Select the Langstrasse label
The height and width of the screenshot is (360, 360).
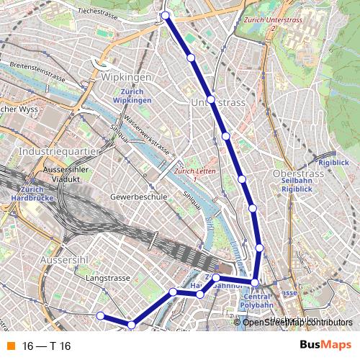pyautogui.click(x=107, y=277)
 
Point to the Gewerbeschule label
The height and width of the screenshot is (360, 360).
pyautogui.click(x=138, y=196)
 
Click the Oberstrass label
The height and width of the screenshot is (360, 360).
pyautogui.click(x=296, y=174)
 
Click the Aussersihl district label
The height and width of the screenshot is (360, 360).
pyautogui.click(x=64, y=258)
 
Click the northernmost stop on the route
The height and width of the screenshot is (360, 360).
pyautogui.click(x=165, y=15)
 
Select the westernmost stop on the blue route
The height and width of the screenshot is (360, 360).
pyautogui.click(x=101, y=315)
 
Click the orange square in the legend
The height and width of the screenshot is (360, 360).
pyautogui.click(x=10, y=346)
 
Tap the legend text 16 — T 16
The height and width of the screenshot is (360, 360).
pyautogui.click(x=46, y=346)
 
